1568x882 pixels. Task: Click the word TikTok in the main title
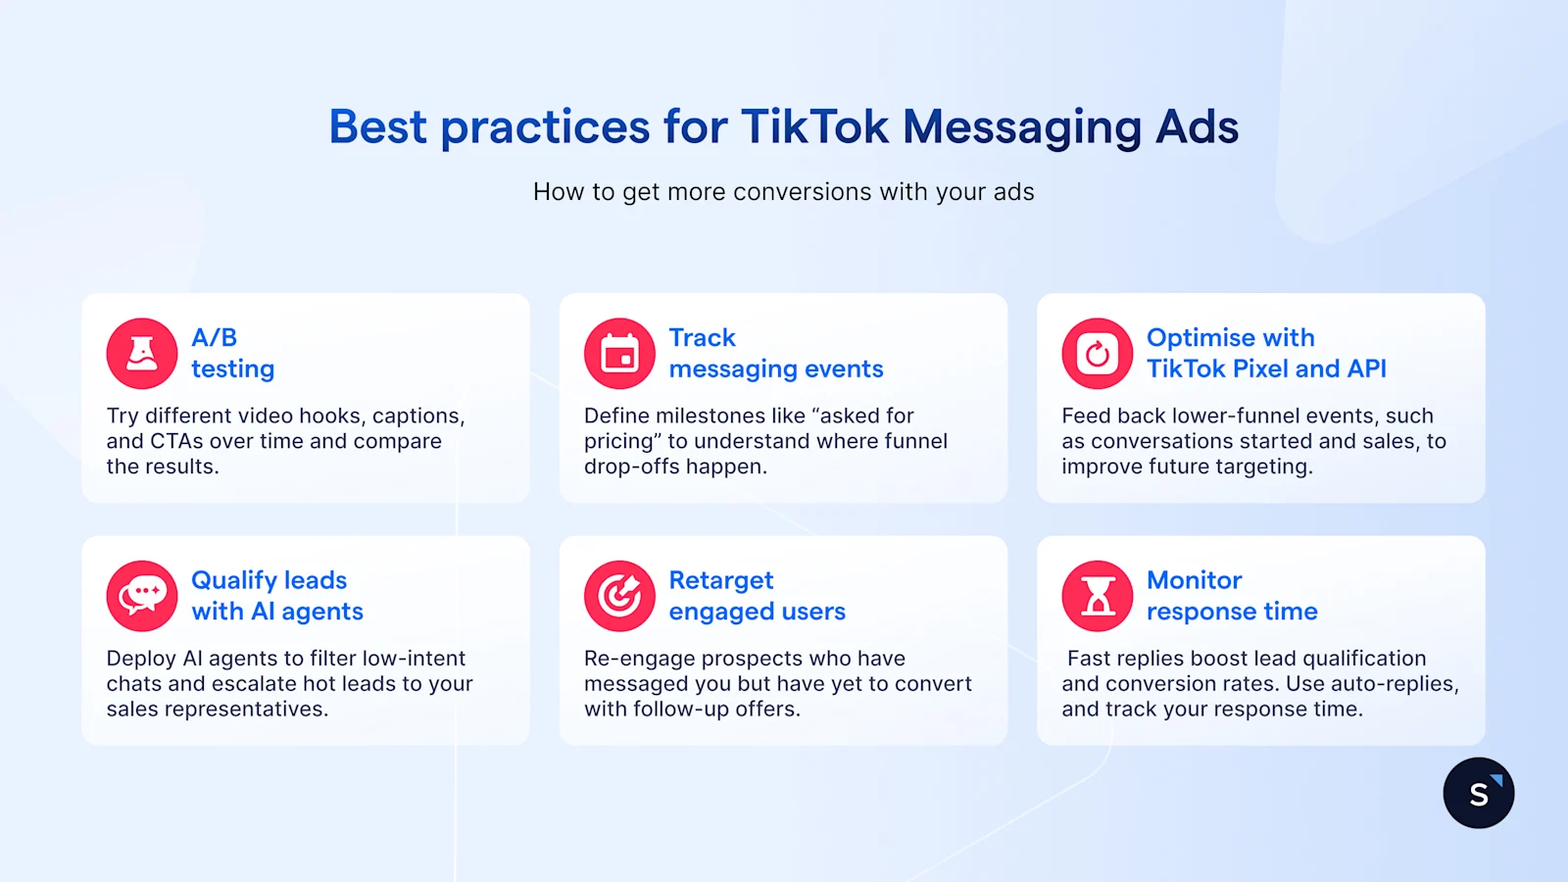(x=814, y=127)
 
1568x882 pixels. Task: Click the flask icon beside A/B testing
(x=142, y=354)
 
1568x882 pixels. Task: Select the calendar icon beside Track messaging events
(x=619, y=354)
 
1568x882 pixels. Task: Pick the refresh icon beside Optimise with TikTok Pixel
(x=1098, y=354)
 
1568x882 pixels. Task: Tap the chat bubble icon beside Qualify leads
(x=142, y=596)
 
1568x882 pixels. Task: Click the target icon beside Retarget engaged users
(x=619, y=596)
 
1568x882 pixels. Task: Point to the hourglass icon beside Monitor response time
(x=1098, y=596)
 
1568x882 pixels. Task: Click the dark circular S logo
(x=1479, y=793)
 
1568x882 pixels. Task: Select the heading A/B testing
(x=232, y=353)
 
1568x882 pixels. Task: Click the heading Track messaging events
(x=775, y=353)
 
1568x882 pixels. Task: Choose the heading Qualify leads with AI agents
(x=276, y=596)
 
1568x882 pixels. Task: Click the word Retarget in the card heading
(x=721, y=580)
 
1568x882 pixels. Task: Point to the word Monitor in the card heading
(x=1194, y=580)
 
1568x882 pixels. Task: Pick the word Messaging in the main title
(x=1022, y=127)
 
